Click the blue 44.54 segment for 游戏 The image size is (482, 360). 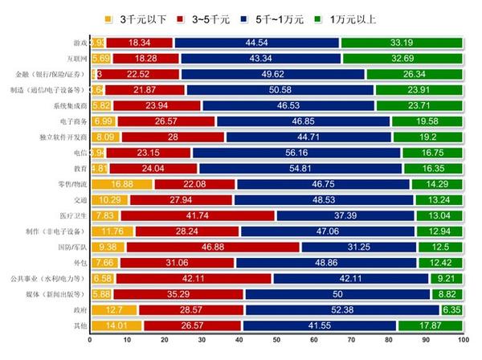256,43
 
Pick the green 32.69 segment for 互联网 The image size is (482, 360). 402,58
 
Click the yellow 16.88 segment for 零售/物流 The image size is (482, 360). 121,184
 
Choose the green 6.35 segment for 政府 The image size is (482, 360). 451,309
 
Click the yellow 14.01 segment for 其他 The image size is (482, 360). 116,325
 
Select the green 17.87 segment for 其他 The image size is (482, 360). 430,325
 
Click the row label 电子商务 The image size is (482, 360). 70,121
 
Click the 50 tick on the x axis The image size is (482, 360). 276,341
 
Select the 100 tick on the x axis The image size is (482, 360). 462,341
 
